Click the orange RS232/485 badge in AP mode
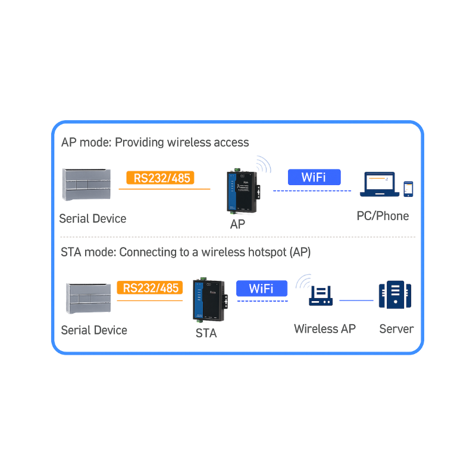click(x=161, y=177)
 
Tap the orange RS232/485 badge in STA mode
click(x=151, y=288)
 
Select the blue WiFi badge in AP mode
click(x=314, y=177)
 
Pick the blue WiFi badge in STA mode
click(x=261, y=289)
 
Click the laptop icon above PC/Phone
click(x=381, y=184)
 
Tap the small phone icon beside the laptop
click(x=408, y=189)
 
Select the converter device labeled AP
click(x=242, y=192)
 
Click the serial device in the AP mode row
click(x=86, y=185)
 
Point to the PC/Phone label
click(x=383, y=215)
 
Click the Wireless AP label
click(x=325, y=328)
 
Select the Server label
click(x=396, y=328)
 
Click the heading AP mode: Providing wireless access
click(x=155, y=143)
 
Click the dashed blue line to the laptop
click(x=312, y=191)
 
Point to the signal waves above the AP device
click(x=264, y=164)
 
